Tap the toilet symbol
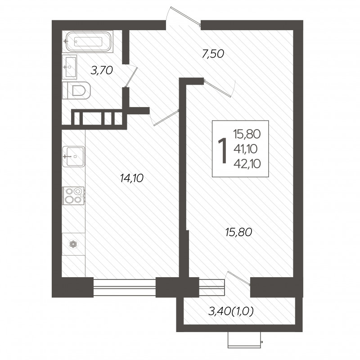point(76,90)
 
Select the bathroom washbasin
point(69,67)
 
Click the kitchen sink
point(74,156)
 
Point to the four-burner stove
point(73,195)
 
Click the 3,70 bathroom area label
point(102,71)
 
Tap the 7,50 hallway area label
point(213,54)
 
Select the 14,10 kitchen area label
point(132,178)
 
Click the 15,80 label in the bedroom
point(239,232)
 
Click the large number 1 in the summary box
point(222,148)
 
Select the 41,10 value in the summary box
point(245,149)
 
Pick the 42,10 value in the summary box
point(247,164)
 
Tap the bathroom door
point(131,76)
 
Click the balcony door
point(238,279)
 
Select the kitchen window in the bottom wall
point(125,287)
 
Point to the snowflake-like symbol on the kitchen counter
point(73,244)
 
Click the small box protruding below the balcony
point(245,340)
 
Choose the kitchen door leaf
point(166,118)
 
